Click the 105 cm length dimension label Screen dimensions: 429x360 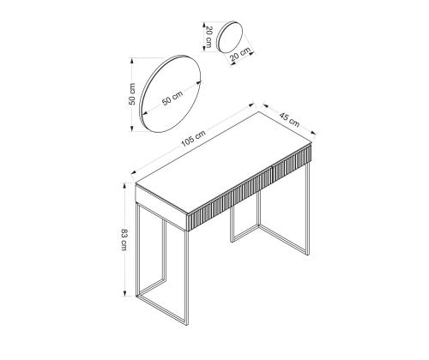click(193, 139)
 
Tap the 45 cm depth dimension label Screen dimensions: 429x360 click(289, 120)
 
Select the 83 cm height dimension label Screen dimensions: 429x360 click(124, 240)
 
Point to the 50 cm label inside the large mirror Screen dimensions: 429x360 click(172, 98)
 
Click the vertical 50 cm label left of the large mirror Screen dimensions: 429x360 click(132, 94)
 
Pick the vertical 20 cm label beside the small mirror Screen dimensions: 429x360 click(208, 37)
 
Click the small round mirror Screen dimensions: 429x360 click(230, 37)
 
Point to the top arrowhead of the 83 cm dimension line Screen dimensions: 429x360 click(124, 186)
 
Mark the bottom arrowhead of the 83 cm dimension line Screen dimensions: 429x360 click(124, 293)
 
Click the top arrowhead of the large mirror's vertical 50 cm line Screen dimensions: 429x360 click(132, 61)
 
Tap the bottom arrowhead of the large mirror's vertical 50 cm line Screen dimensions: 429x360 click(132, 129)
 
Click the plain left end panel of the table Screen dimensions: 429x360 click(161, 207)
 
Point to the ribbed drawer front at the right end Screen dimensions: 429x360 click(291, 160)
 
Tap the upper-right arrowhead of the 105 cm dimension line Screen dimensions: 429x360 click(251, 105)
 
